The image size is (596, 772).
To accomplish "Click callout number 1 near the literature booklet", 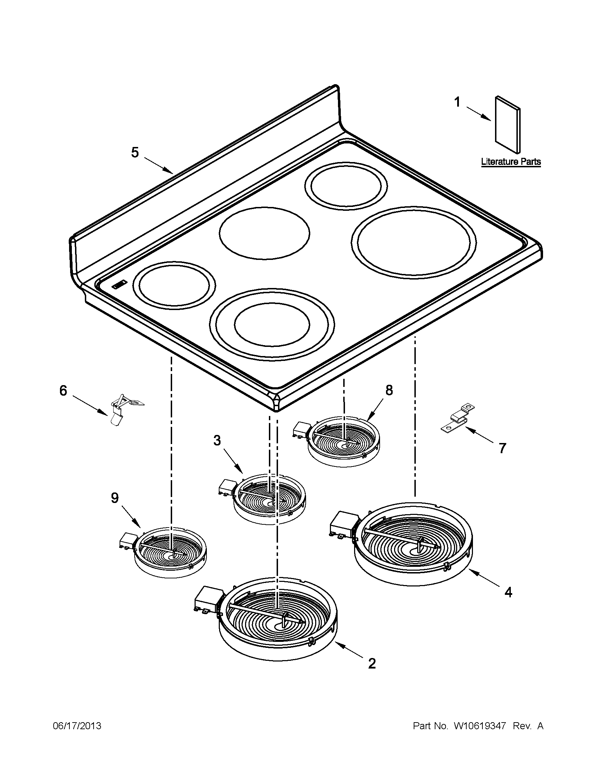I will pyautogui.click(x=457, y=102).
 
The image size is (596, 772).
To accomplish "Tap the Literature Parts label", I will pyautogui.click(x=511, y=162).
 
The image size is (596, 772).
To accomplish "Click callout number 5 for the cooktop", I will pyautogui.click(x=135, y=153).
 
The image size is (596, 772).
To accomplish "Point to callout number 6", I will pyautogui.click(x=63, y=391).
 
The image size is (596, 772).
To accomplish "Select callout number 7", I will pyautogui.click(x=502, y=448).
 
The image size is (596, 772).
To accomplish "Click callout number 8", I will pyautogui.click(x=388, y=390).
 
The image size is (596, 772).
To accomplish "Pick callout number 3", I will pyautogui.click(x=217, y=441).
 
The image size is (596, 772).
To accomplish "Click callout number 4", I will pyautogui.click(x=508, y=592).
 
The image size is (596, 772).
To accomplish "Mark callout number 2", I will pyautogui.click(x=372, y=664).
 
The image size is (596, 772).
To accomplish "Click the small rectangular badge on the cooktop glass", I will pyautogui.click(x=120, y=284).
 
